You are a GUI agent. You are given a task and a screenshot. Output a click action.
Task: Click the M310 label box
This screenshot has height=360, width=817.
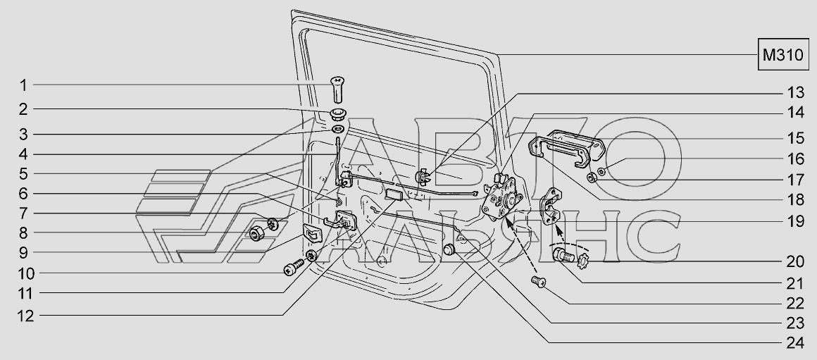pyautogui.click(x=783, y=55)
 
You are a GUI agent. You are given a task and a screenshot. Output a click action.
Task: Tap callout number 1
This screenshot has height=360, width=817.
pyautogui.click(x=23, y=85)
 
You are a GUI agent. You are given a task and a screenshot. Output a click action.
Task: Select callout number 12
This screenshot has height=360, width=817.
pyautogui.click(x=26, y=316)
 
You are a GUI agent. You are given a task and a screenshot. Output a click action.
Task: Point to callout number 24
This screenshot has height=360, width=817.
pyautogui.click(x=795, y=343)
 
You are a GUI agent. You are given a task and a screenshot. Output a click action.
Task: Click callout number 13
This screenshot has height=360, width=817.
pyautogui.click(x=795, y=93)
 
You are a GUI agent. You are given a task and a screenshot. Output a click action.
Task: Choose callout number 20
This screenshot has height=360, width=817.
pyautogui.click(x=795, y=261)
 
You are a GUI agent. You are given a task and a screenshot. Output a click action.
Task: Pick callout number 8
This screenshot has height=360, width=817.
pyautogui.click(x=23, y=233)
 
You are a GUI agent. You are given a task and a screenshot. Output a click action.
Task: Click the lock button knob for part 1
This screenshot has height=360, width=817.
pyautogui.click(x=337, y=89)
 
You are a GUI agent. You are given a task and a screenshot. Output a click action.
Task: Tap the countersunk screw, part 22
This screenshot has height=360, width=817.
pyautogui.click(x=538, y=282)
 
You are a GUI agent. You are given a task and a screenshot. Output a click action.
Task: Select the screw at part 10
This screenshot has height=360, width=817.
pyautogui.click(x=294, y=268)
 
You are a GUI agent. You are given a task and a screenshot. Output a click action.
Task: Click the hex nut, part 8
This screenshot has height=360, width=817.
pyautogui.click(x=256, y=234)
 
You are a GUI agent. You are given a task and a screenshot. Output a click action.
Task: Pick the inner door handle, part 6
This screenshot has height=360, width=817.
pyautogui.click(x=340, y=221)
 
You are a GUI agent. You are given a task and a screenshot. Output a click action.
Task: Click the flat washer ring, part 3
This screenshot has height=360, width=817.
pyautogui.click(x=337, y=129)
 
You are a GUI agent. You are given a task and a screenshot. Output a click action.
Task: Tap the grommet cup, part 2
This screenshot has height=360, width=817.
pyautogui.click(x=337, y=114)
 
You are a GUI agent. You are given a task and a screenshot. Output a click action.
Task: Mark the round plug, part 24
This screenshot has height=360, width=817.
pyautogui.click(x=448, y=249)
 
